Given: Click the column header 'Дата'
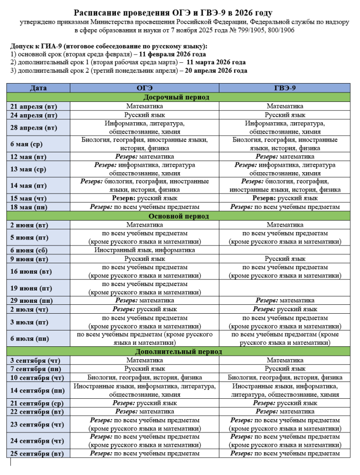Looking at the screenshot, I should (x=38, y=88).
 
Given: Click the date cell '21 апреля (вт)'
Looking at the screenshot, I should (x=34, y=106).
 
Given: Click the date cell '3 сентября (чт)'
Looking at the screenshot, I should (x=36, y=360).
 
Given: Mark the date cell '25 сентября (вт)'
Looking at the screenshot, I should (x=37, y=453).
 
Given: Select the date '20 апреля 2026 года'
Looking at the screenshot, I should (x=216, y=71).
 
